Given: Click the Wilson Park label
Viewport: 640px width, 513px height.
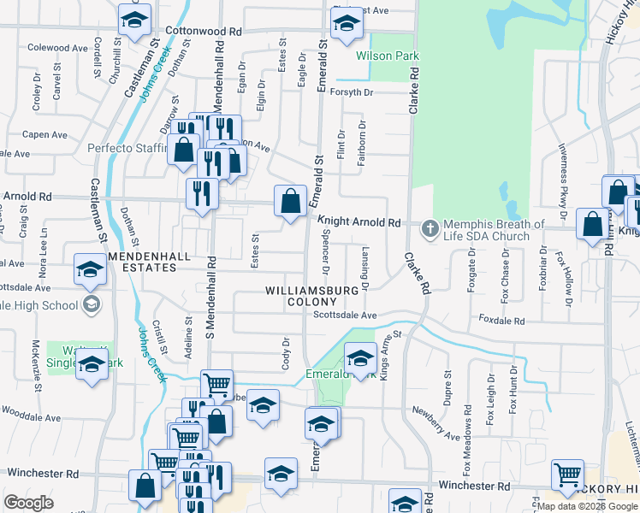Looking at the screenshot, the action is pos(388,56).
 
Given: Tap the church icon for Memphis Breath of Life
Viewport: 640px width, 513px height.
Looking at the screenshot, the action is pos(430,228).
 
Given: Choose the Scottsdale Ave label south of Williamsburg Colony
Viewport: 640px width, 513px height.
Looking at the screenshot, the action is pos(345,315).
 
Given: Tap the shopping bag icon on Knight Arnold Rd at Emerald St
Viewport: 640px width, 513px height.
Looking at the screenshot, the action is pos(291,202).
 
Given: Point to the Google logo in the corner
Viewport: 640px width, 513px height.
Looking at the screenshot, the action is pos(28,503).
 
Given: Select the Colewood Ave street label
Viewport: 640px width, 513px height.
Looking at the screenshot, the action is pos(62,48).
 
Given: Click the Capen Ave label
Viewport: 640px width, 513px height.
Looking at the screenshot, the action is pos(44,134).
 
